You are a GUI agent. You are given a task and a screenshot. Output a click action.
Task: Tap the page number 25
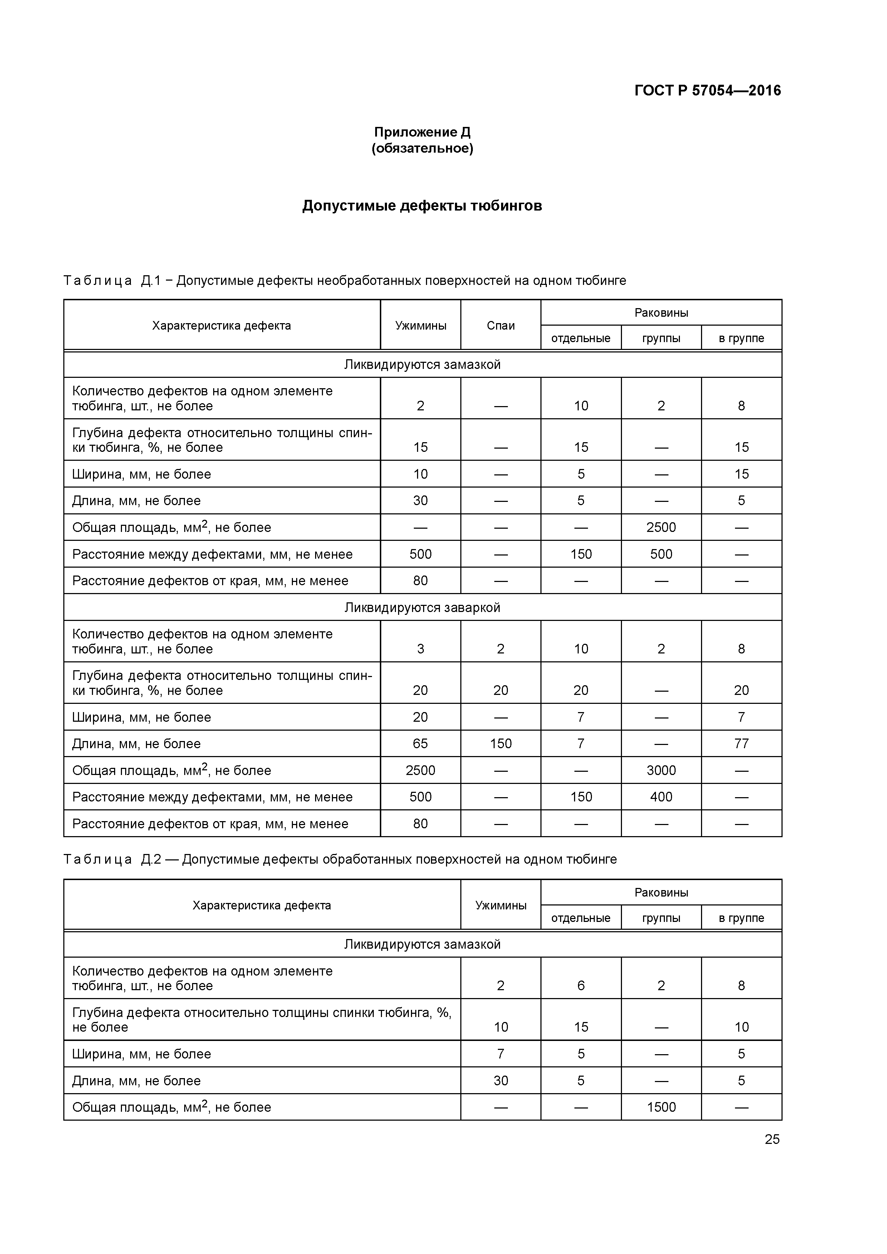(x=772, y=1139)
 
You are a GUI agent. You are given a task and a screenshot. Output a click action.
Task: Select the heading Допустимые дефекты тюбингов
(x=422, y=206)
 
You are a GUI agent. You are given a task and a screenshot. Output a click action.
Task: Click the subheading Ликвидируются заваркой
(x=422, y=607)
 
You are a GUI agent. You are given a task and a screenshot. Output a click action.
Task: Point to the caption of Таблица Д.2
(x=340, y=859)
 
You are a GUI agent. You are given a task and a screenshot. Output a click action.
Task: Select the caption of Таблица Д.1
(x=344, y=281)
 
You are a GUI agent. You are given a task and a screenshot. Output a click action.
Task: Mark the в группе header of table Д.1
(x=741, y=338)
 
